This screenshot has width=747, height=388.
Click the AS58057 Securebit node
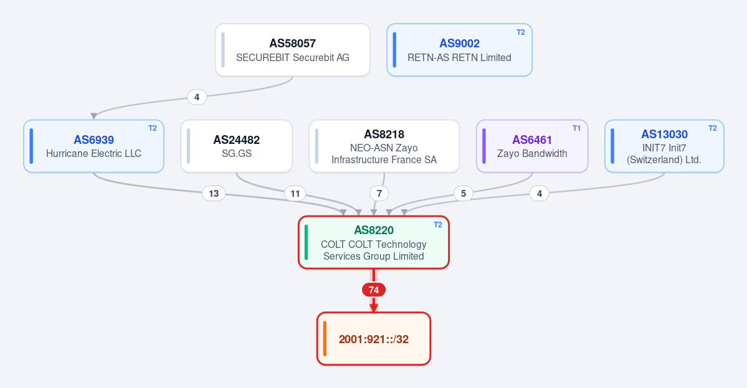pos(293,50)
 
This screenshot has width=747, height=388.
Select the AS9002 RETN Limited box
pos(459,50)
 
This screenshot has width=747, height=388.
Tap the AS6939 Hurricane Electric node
pos(94,146)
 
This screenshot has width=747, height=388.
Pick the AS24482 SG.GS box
pos(236,146)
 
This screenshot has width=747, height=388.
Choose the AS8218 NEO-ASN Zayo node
pos(384,146)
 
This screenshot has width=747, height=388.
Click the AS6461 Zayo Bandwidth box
pos(532,146)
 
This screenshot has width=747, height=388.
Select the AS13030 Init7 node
pos(664,146)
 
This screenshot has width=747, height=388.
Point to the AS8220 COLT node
pos(374,243)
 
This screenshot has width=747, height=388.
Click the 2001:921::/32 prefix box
pos(374,339)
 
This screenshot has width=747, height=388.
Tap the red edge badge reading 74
pos(374,290)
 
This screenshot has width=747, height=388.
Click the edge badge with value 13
pos(214,194)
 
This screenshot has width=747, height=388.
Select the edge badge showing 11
pos(295,194)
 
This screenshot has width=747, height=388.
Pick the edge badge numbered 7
pos(379,194)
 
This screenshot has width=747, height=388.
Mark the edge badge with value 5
pos(463,194)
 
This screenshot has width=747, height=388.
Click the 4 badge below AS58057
pos(197,97)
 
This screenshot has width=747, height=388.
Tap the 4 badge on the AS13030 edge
pos(540,194)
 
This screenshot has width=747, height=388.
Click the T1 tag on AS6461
pos(576,128)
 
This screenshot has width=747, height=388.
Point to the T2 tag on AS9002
pos(521,32)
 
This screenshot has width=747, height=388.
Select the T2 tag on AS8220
pos(438,225)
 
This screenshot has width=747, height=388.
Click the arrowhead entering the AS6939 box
pos(94,116)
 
